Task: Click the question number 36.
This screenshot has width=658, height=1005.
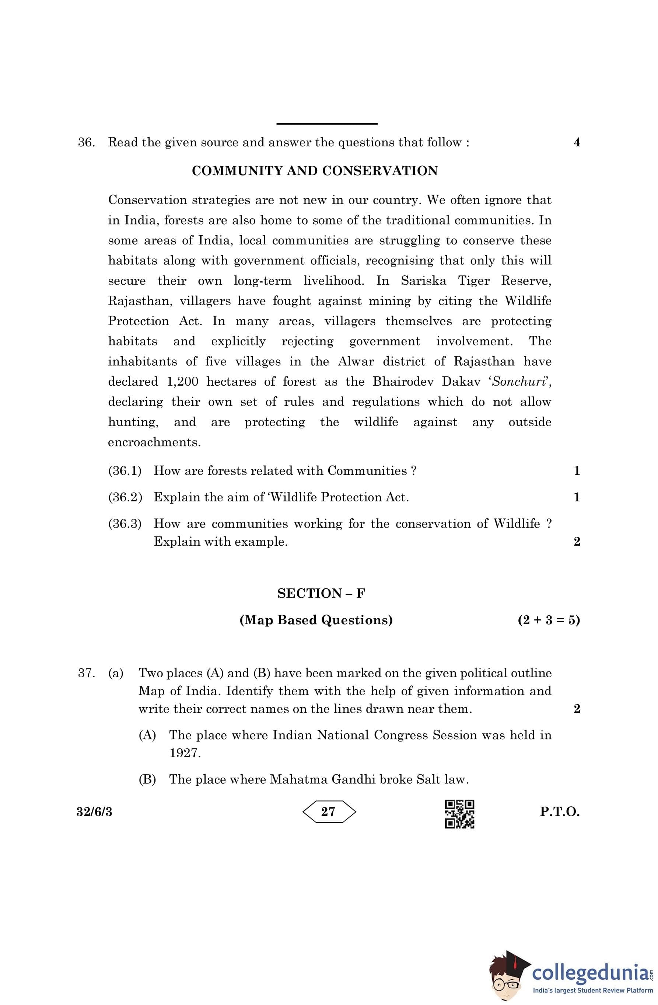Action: tap(86, 142)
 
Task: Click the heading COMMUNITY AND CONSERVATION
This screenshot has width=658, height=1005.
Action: tap(315, 171)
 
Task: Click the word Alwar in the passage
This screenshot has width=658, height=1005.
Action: tap(356, 361)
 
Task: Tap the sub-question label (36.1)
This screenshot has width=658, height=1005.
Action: tap(125, 470)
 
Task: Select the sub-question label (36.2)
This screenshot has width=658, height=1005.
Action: tap(125, 497)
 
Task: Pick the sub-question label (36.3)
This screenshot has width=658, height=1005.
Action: tap(125, 524)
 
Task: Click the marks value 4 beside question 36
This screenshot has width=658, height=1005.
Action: tap(577, 142)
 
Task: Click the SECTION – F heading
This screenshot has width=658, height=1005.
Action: tap(321, 593)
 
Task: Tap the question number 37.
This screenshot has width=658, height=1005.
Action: tap(86, 673)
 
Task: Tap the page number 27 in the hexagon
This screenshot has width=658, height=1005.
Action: tap(328, 811)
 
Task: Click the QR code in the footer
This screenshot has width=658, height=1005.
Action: tap(460, 814)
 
